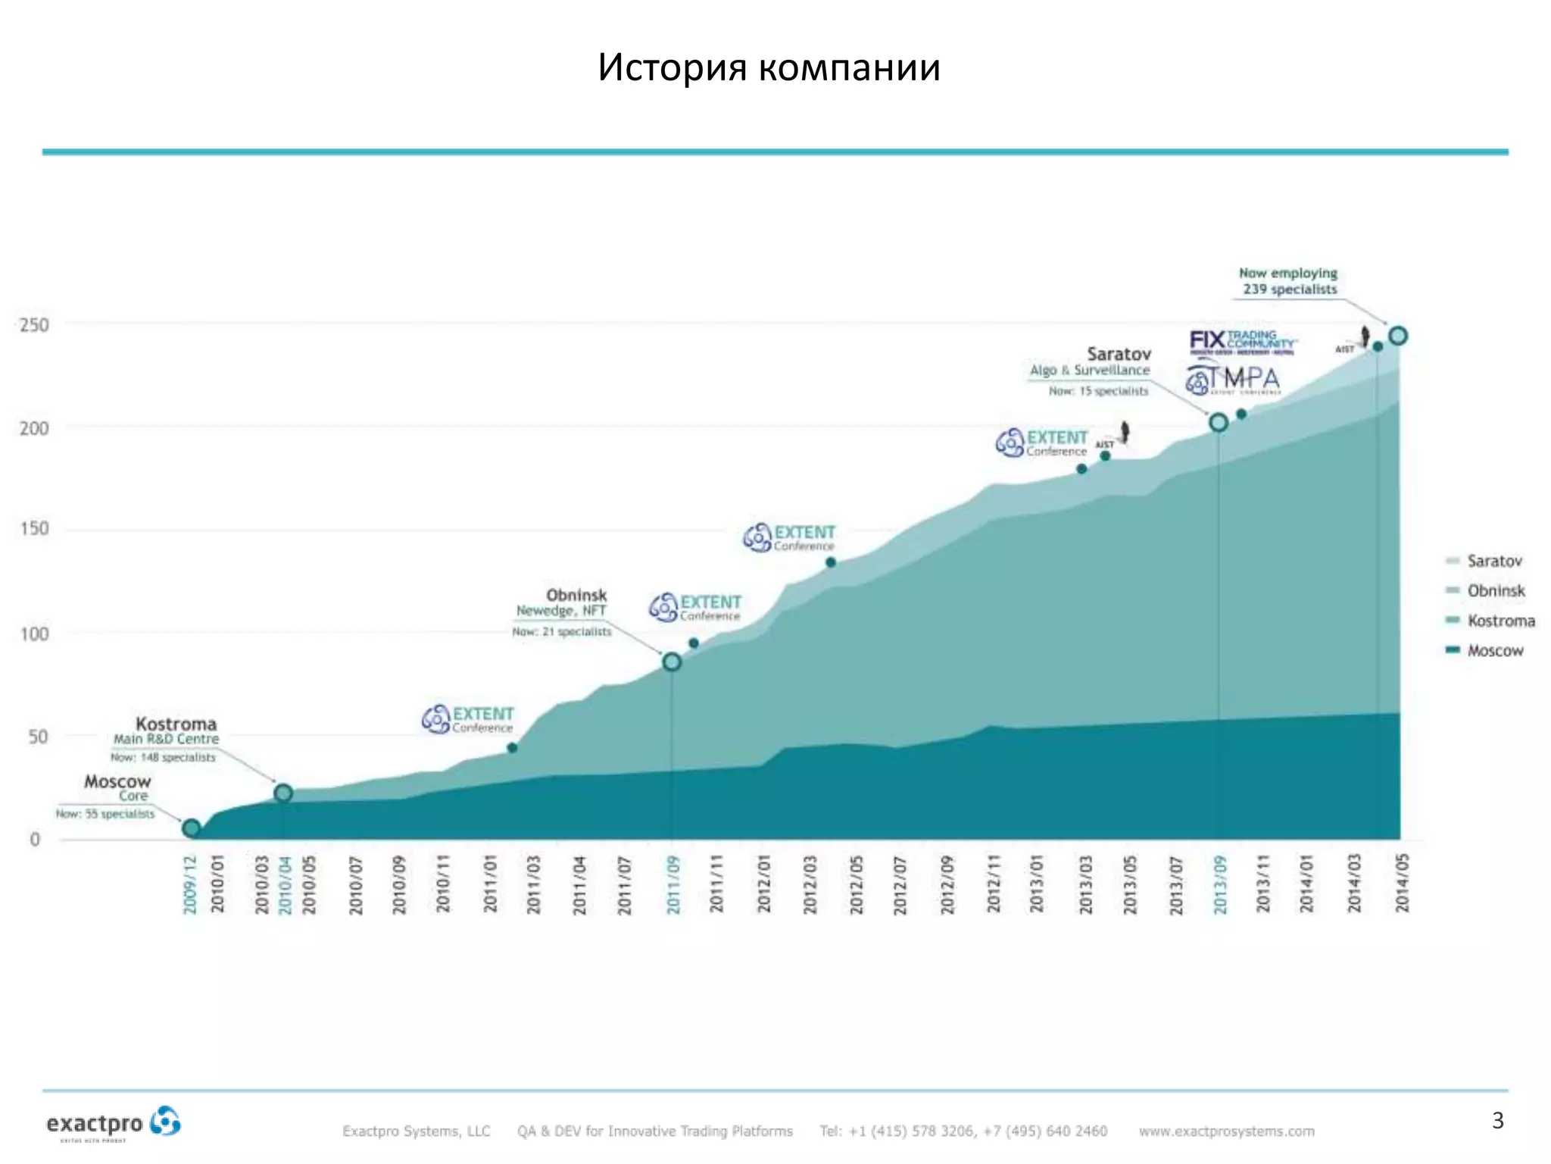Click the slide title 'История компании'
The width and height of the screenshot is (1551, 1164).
pyautogui.click(x=769, y=67)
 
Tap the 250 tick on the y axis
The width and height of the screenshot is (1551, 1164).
pyautogui.click(x=34, y=325)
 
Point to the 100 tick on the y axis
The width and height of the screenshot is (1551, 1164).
pyautogui.click(x=34, y=634)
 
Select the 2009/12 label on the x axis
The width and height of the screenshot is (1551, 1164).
pyautogui.click(x=190, y=884)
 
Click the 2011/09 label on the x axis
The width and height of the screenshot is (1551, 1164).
pyautogui.click(x=673, y=884)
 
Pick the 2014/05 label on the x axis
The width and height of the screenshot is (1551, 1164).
pyautogui.click(x=1402, y=883)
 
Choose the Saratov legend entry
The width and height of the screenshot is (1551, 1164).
pyautogui.click(x=1493, y=561)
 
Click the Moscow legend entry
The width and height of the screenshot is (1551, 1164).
pyautogui.click(x=1494, y=650)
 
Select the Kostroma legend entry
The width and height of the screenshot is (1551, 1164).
pyautogui.click(x=1500, y=621)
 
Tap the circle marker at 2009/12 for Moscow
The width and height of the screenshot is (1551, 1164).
pyautogui.click(x=192, y=828)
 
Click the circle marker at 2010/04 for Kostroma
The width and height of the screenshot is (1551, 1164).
pyautogui.click(x=283, y=793)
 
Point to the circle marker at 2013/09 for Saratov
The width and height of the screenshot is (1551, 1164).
pyautogui.click(x=1219, y=422)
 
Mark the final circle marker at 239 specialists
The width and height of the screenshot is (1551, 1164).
pyautogui.click(x=1398, y=335)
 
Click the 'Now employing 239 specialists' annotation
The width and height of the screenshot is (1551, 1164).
pyautogui.click(x=1289, y=281)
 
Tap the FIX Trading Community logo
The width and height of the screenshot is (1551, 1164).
pyautogui.click(x=1243, y=342)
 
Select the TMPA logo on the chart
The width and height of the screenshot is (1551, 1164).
pyautogui.click(x=1233, y=379)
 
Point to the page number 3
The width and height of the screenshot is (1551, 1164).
pyautogui.click(x=1497, y=1120)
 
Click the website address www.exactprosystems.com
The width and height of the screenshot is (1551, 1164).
pyautogui.click(x=1226, y=1131)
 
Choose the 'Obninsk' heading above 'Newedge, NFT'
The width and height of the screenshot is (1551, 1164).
pyautogui.click(x=576, y=595)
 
